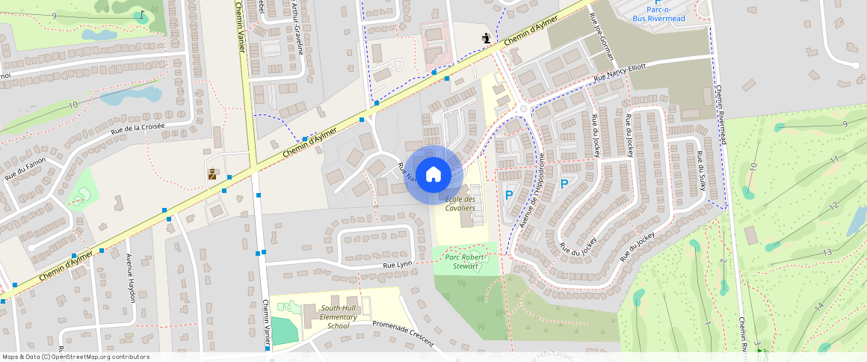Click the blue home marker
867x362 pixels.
pyautogui.click(x=433, y=175)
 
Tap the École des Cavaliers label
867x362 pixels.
pyautogui.click(x=460, y=203)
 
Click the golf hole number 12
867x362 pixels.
pyautogui.click(x=834, y=205)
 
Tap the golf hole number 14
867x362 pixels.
pyautogui.click(x=819, y=306)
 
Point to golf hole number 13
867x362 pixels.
pyautogui.click(x=827, y=253)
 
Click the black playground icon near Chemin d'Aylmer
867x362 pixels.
pyautogui.click(x=487, y=37)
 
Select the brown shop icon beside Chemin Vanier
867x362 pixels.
pyautogui.click(x=212, y=174)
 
